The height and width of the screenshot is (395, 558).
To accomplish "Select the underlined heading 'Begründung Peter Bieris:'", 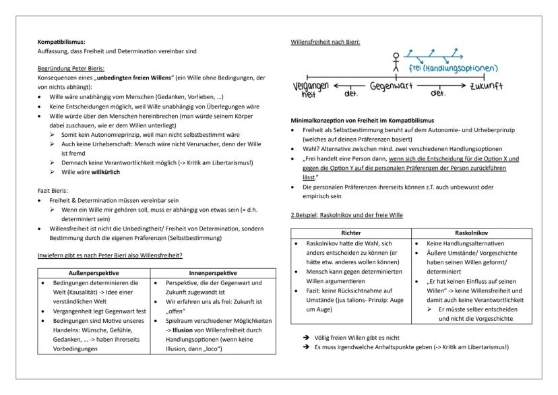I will tap(68, 68).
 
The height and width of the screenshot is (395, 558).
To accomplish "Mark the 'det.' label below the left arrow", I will tap(350, 94).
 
